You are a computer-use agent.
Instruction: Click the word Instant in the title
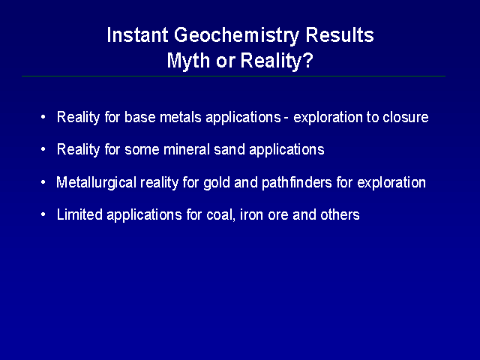pyautogui.click(x=137, y=35)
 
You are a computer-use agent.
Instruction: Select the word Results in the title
pyautogui.click(x=340, y=35)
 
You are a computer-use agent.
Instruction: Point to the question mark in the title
pyautogui.click(x=308, y=60)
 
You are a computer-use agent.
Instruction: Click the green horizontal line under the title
pyautogui.click(x=233, y=76)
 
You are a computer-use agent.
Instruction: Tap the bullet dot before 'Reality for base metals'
pyautogui.click(x=43, y=117)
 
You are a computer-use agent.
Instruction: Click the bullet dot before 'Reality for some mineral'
pyautogui.click(x=43, y=149)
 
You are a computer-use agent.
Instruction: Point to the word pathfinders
pyautogui.click(x=297, y=182)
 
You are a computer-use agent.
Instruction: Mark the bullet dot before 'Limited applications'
pyautogui.click(x=43, y=214)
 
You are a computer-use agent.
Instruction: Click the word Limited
pyautogui.click(x=79, y=214)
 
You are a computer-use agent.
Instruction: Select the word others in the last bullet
pyautogui.click(x=340, y=214)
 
